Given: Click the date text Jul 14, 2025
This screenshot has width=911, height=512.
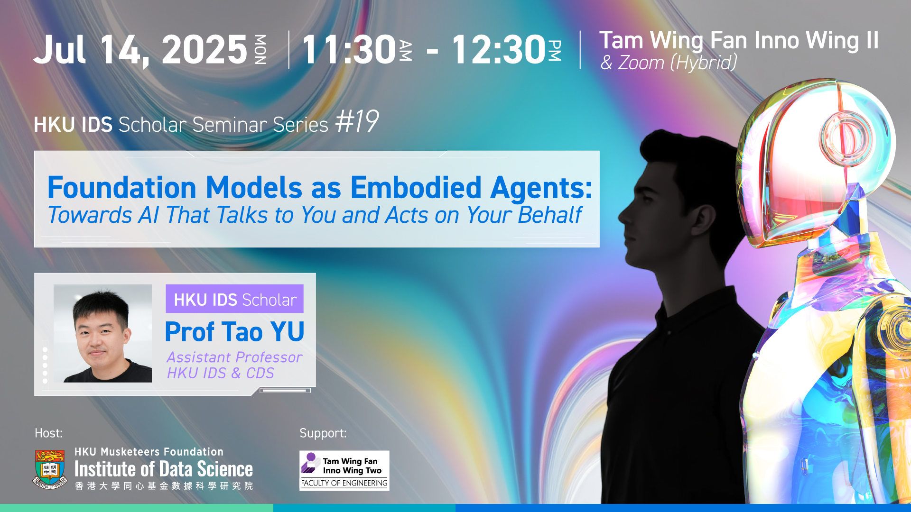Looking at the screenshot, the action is [140, 50].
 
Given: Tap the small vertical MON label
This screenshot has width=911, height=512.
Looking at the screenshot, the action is [260, 49].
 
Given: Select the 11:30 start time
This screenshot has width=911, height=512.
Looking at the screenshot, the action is [349, 49].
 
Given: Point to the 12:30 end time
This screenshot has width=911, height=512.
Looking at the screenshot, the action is [498, 49].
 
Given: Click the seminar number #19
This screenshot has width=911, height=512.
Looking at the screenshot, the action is [357, 121].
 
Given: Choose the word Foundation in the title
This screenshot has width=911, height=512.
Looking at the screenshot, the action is [122, 188].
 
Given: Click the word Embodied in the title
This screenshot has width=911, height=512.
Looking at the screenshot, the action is [416, 188].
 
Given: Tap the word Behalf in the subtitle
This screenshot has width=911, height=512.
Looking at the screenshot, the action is [550, 215].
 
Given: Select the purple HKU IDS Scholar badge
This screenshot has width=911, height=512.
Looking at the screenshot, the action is [234, 299].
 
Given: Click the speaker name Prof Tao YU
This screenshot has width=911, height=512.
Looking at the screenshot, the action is [234, 331].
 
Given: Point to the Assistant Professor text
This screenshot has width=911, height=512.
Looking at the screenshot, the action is [234, 357].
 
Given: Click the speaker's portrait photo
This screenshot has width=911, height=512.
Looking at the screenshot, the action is [102, 333].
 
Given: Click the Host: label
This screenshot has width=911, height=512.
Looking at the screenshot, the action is [48, 433].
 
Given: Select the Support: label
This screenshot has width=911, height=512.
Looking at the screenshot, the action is [323, 433].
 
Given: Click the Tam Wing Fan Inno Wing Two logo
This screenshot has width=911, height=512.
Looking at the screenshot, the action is [344, 470].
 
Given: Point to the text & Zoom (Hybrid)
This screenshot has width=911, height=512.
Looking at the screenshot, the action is [669, 63].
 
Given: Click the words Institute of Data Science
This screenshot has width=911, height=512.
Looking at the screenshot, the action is [164, 469].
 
